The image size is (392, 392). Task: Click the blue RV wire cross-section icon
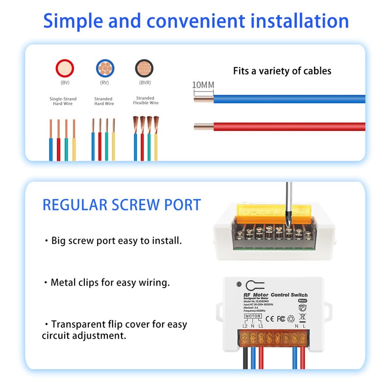point(103,68)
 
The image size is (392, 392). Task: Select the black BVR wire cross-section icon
point(143,68)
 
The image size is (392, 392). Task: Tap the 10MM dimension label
point(203,85)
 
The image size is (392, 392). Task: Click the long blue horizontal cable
point(289,98)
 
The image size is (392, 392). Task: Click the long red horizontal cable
point(289,127)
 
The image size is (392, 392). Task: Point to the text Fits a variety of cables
point(282,71)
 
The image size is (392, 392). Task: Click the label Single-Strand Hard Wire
point(63,101)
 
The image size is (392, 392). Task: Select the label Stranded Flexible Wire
point(145,100)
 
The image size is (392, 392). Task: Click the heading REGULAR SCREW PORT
point(122,205)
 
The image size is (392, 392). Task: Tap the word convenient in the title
point(197,22)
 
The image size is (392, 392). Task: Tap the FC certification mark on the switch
point(281,318)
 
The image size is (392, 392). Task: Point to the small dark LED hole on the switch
point(238,284)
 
